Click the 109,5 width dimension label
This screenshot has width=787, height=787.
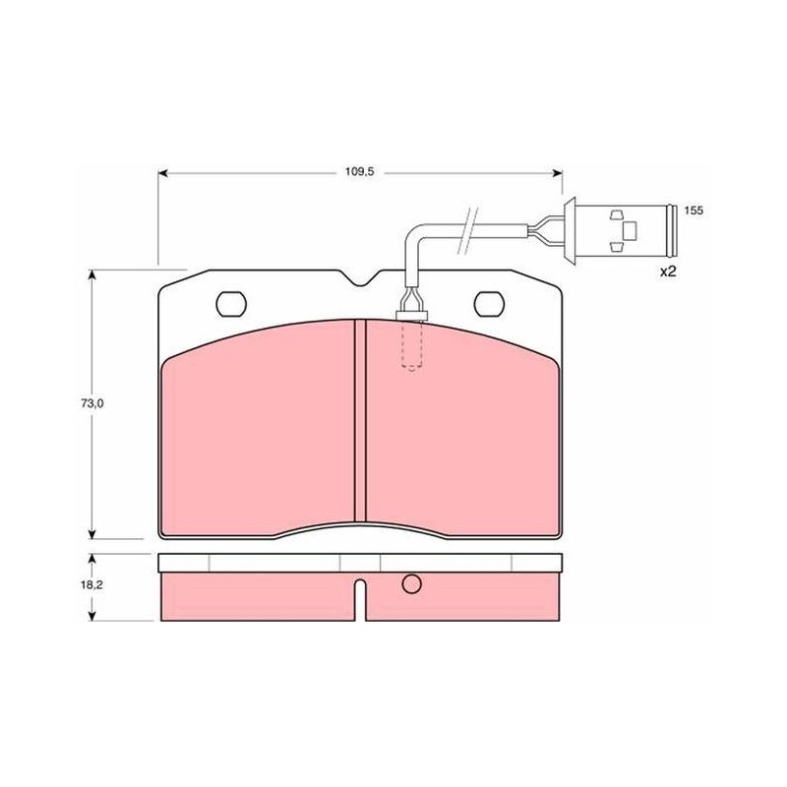[359, 172]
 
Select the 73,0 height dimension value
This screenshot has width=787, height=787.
[91, 403]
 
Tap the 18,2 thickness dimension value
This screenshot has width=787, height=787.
[91, 584]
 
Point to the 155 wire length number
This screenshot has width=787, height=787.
[694, 211]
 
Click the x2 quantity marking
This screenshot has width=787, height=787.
[669, 272]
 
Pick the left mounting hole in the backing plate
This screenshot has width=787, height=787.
[231, 304]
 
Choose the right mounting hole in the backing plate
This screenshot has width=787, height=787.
[489, 304]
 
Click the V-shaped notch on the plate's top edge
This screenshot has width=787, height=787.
[361, 278]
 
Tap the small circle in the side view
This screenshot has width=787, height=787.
[411, 583]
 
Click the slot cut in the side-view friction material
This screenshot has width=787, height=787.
[360, 600]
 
